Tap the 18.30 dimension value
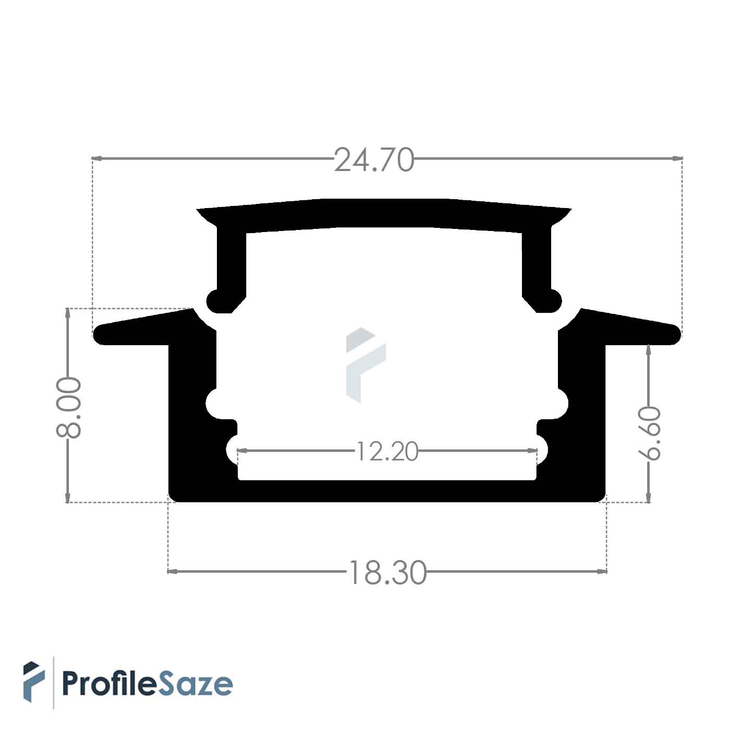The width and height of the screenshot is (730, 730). (x=387, y=573)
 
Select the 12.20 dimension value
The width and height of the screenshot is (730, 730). (x=387, y=452)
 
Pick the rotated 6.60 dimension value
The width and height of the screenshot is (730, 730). (x=649, y=433)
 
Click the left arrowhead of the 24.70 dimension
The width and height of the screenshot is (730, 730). (x=97, y=159)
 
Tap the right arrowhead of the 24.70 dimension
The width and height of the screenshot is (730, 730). (x=677, y=158)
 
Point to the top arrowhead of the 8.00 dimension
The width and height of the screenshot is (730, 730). (x=67, y=314)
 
